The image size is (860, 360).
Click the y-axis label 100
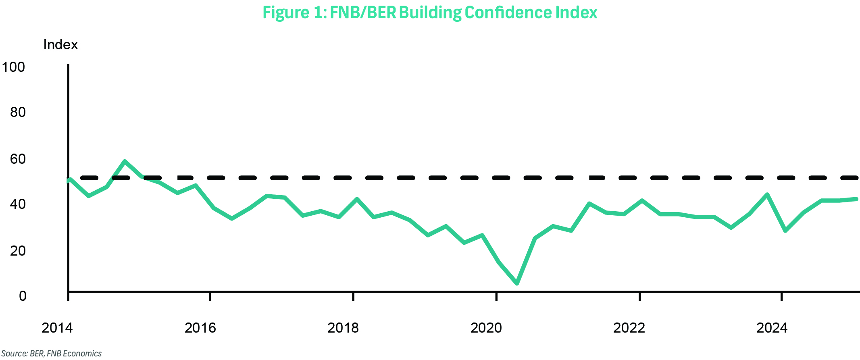(13, 67)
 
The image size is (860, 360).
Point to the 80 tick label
(18, 112)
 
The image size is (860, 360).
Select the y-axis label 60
(18, 159)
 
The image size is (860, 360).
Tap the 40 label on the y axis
(18, 204)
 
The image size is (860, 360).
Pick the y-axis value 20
(18, 251)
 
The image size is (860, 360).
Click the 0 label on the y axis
(23, 296)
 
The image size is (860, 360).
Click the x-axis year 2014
(57, 328)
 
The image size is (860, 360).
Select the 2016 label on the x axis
(200, 328)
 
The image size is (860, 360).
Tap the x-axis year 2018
(343, 328)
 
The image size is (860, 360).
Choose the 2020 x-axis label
(486, 328)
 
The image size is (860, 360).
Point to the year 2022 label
(629, 328)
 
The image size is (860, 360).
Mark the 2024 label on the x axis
(772, 328)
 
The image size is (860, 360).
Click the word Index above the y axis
(60, 44)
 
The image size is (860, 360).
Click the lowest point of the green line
(517, 283)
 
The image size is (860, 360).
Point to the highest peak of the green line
(125, 161)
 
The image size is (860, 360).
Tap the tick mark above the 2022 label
(640, 296)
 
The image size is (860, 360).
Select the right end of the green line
(856, 199)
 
